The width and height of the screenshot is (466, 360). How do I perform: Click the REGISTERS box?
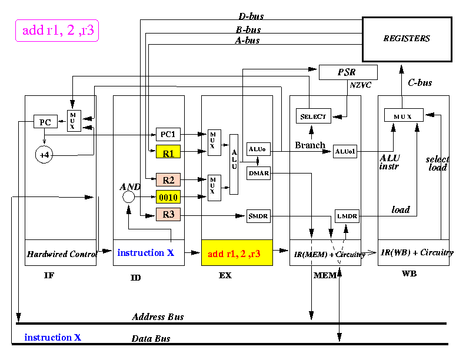click(407, 39)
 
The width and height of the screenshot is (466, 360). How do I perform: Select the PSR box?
click(348, 72)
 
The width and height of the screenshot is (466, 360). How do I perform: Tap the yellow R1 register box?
click(168, 152)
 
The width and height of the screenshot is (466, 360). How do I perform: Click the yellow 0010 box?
click(168, 197)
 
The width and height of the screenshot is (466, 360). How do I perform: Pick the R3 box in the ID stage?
click(168, 215)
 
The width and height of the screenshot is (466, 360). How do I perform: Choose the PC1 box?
click(168, 134)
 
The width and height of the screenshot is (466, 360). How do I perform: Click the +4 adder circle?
click(44, 155)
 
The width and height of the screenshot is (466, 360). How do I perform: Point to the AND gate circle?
click(128, 196)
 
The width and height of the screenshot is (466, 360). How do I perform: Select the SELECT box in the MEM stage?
click(313, 116)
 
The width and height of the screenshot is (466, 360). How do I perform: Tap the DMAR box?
click(258, 173)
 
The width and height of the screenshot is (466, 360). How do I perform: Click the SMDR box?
click(258, 216)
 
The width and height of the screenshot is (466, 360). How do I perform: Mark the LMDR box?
click(347, 216)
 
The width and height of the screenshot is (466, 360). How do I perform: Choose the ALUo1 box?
click(345, 152)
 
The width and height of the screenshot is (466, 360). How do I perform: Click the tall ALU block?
click(234, 164)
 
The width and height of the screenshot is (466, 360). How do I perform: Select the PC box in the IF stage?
click(45, 122)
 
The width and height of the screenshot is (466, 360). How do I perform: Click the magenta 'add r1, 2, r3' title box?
click(57, 31)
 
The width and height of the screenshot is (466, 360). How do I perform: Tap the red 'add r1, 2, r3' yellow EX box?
click(237, 253)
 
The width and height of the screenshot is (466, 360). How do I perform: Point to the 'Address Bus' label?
click(158, 316)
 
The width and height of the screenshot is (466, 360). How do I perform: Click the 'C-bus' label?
click(420, 82)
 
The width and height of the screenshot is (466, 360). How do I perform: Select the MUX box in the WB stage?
click(404, 115)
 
